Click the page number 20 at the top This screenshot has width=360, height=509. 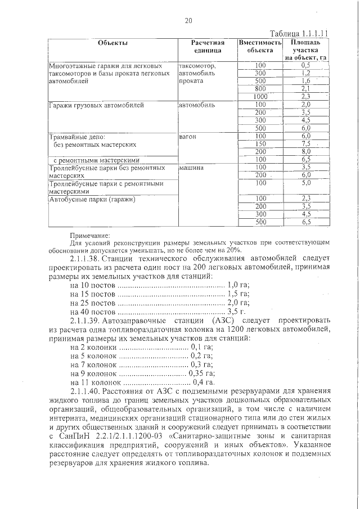pyautogui.click(x=188, y=21)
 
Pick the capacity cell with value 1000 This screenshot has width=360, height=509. pyautogui.click(x=259, y=96)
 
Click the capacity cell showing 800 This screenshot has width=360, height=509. pyautogui.click(x=259, y=88)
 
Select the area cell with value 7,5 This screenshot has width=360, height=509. pyautogui.click(x=306, y=143)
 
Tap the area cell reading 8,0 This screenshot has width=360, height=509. pyautogui.click(x=306, y=151)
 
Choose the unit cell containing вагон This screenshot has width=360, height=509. pyautogui.click(x=187, y=136)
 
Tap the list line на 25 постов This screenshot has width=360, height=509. pyautogui.click(x=93, y=302)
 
